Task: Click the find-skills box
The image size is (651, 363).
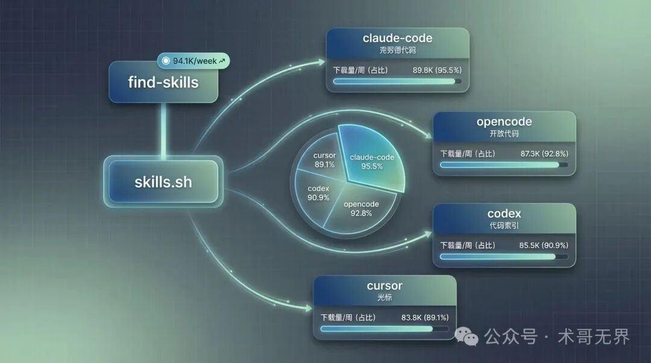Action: (163, 82)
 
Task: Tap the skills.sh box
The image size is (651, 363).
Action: (163, 181)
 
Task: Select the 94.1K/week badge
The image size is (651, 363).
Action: (193, 61)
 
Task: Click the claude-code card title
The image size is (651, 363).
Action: (397, 39)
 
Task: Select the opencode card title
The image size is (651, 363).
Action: (504, 122)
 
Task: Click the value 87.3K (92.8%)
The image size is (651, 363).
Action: (544, 154)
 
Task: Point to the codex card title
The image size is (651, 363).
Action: (504, 213)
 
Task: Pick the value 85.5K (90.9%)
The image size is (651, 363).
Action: (544, 245)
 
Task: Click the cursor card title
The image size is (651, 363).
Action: (384, 285)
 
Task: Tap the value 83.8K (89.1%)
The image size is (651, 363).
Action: (424, 317)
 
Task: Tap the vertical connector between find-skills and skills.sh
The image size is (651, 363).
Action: (163, 129)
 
